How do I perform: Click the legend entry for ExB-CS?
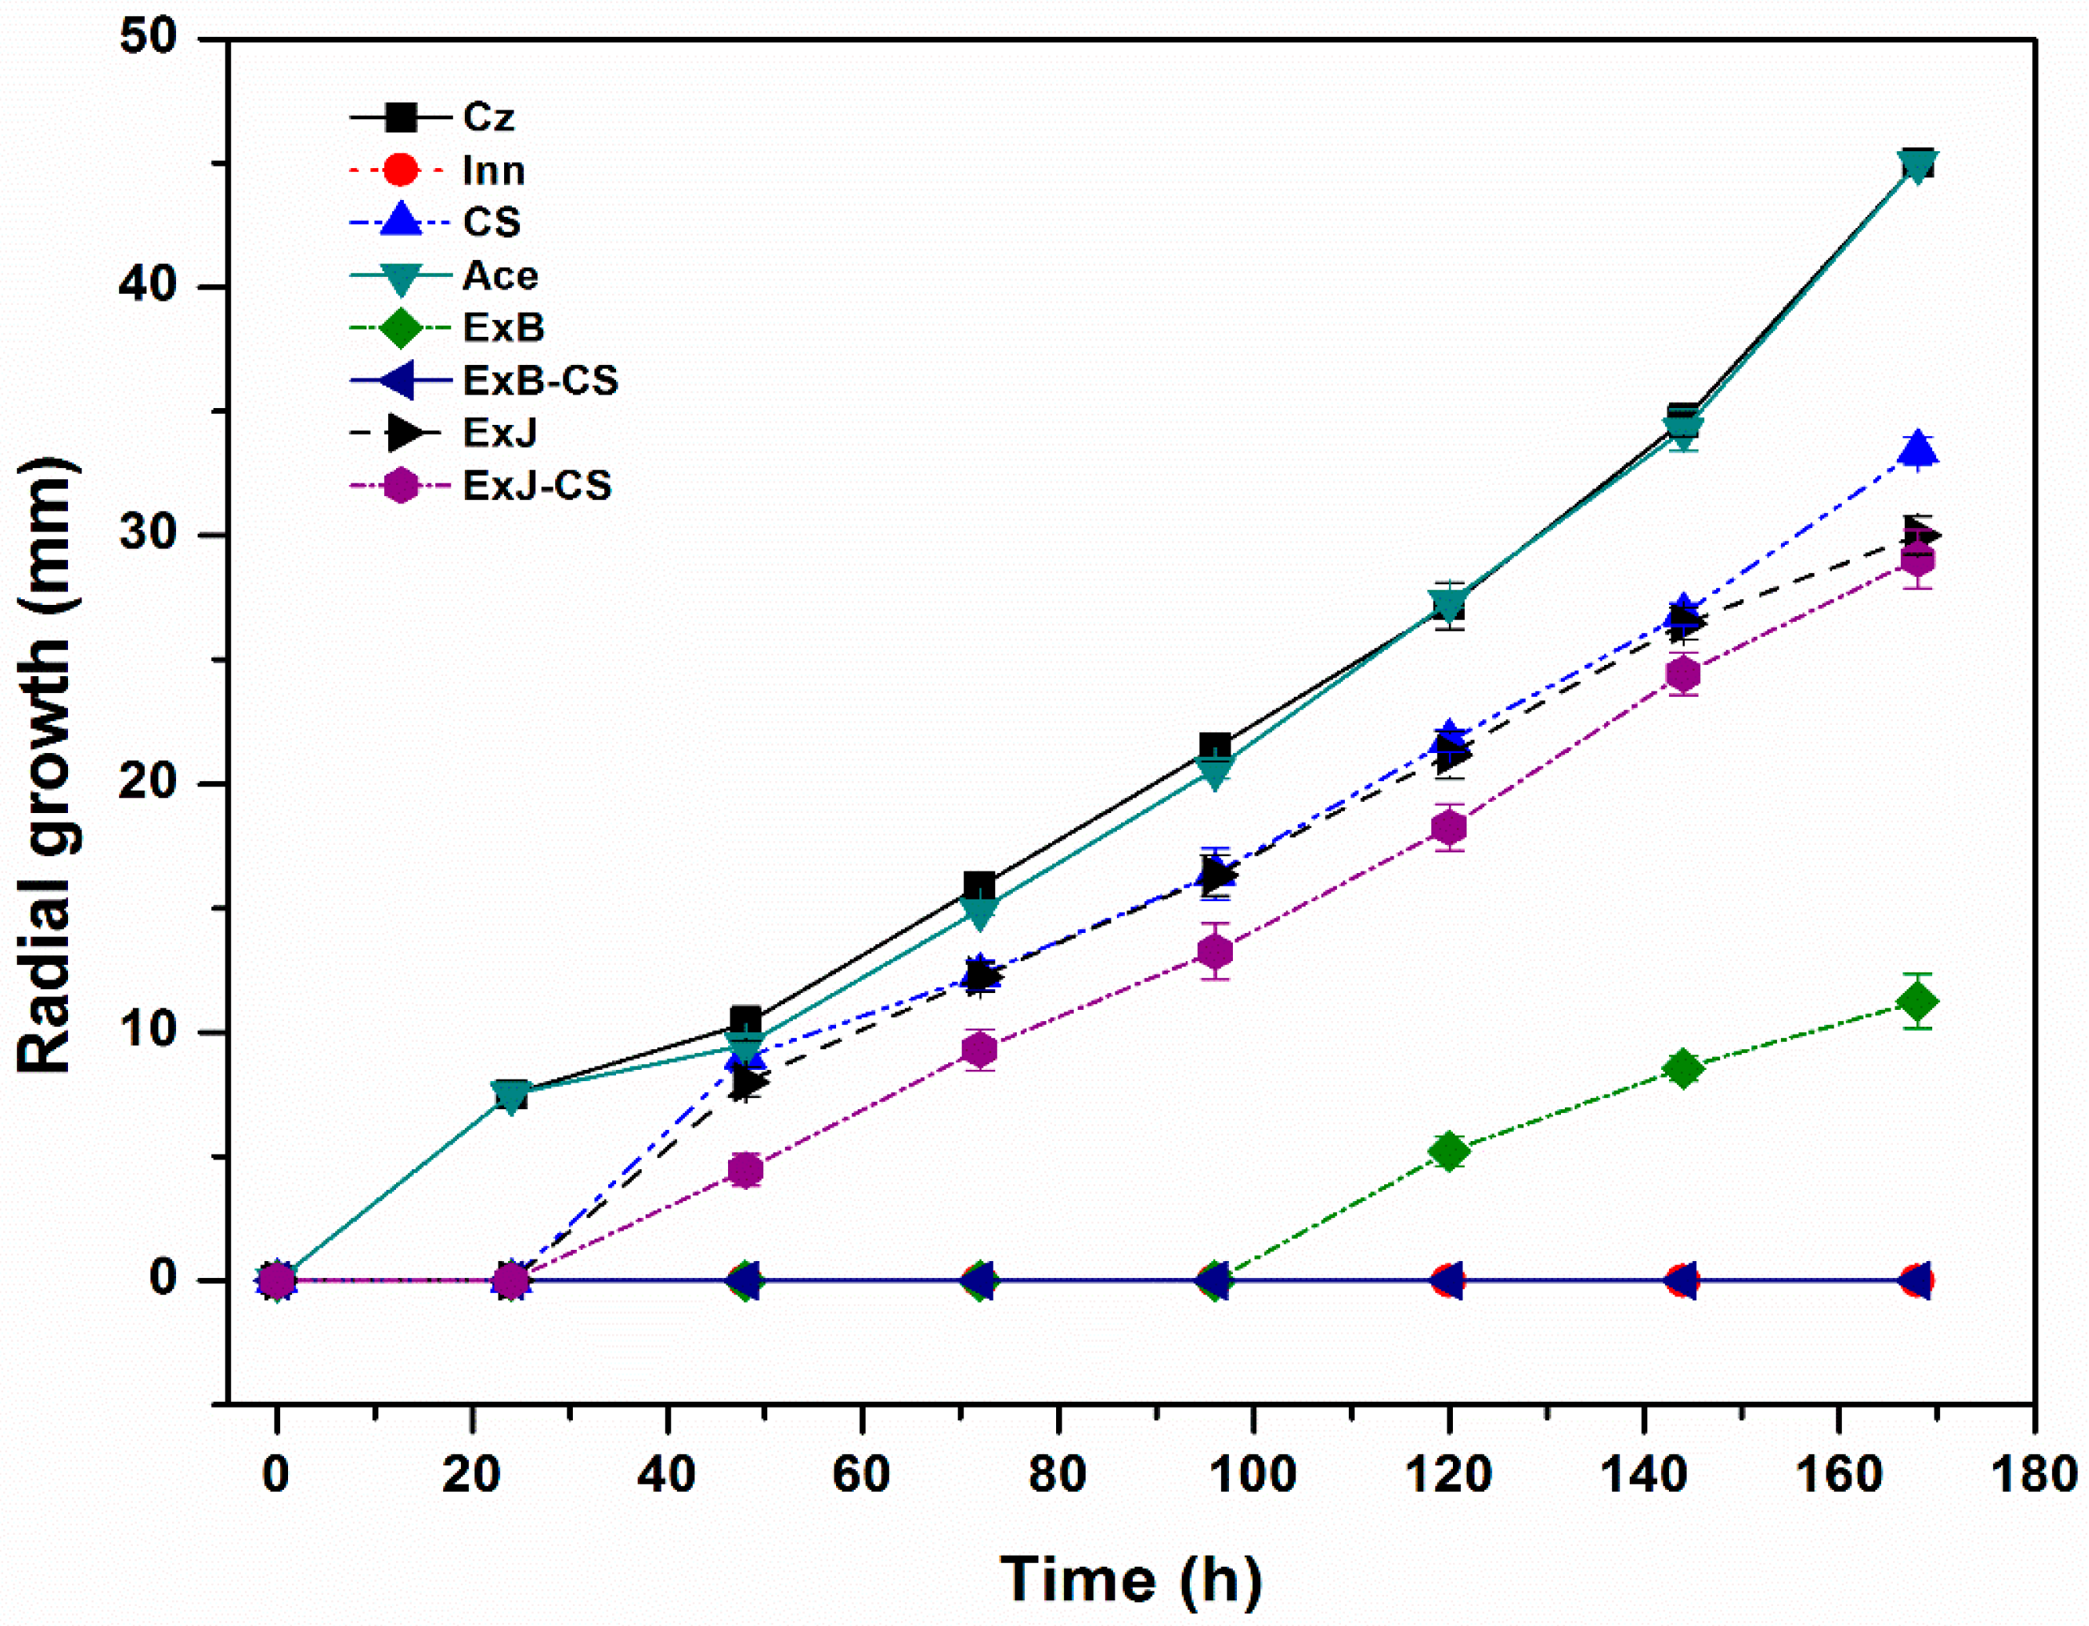pos(540,381)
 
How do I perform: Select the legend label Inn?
pos(494,171)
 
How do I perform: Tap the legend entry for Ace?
pos(499,276)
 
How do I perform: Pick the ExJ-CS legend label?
pos(537,486)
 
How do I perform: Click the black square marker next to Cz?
pos(400,118)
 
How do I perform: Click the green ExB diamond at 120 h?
pos(1449,1151)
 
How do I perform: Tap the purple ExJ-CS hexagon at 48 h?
pos(745,1170)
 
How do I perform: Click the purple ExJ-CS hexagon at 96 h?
pos(1215,951)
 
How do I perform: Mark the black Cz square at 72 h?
pos(979,886)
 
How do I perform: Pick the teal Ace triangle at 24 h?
pos(512,1096)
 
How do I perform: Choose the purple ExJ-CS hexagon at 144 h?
pos(1683,675)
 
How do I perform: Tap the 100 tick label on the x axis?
pos(1252,1474)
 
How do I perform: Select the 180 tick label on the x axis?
pos(2032,1474)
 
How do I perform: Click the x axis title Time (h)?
pos(1131,1578)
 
